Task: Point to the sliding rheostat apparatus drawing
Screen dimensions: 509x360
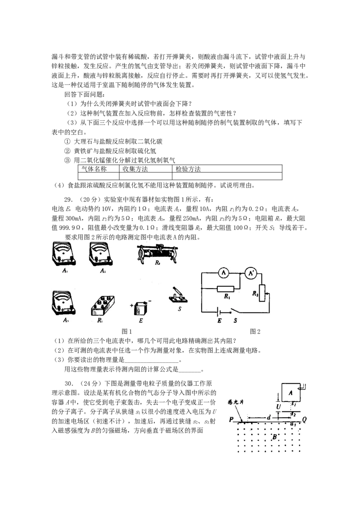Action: click(x=157, y=254)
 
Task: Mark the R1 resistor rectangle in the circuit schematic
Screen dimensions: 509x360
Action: click(x=225, y=289)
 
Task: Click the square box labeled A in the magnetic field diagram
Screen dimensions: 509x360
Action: click(x=291, y=393)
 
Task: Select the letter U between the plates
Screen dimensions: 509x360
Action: click(x=279, y=407)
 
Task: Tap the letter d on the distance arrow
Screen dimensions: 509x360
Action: click(x=269, y=418)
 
